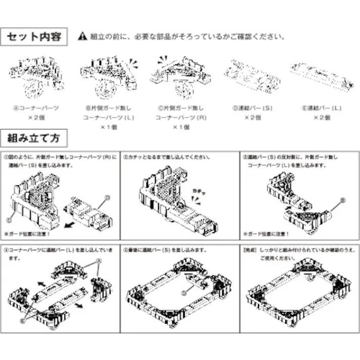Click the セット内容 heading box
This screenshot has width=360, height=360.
[x=35, y=36]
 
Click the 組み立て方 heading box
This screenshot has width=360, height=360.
[x=35, y=137]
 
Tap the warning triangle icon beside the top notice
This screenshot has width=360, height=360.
[x=83, y=37]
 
